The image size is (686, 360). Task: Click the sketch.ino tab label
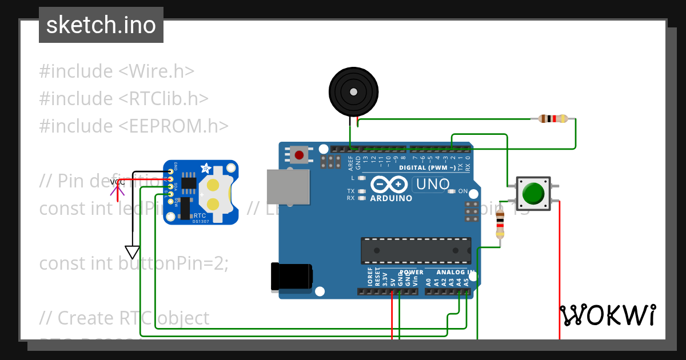(x=101, y=25)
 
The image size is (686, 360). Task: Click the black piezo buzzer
(x=354, y=91)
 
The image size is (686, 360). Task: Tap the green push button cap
(x=533, y=193)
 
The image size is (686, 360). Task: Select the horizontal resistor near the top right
(x=553, y=119)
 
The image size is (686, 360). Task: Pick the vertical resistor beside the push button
(x=500, y=224)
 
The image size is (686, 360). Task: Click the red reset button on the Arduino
(x=298, y=154)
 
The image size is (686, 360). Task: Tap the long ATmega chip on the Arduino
(x=416, y=251)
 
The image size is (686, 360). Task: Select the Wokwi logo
(x=608, y=315)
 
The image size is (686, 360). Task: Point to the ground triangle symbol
(x=132, y=252)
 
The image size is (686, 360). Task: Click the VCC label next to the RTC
(x=118, y=182)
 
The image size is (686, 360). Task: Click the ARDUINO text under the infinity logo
(x=391, y=198)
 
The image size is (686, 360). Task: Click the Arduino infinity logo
(x=390, y=185)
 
